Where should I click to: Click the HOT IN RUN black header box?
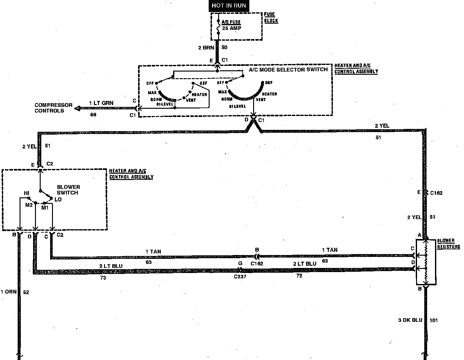click(229, 6)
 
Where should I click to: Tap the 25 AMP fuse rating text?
click(231, 28)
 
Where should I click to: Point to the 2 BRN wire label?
click(206, 48)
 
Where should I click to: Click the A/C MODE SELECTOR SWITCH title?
click(288, 69)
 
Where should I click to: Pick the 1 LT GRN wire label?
click(101, 103)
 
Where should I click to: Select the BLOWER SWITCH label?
click(68, 190)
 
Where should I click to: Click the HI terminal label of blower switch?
click(27, 193)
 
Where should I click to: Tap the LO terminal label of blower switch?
click(58, 199)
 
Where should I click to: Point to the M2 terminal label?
click(29, 205)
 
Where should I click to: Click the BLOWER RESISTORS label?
click(448, 244)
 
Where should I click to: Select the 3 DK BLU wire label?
click(410, 320)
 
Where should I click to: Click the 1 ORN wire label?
click(9, 292)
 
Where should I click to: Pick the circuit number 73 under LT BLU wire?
click(103, 278)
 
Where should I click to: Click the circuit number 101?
click(434, 321)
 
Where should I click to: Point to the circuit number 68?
click(93, 115)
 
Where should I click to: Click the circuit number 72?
click(299, 276)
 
